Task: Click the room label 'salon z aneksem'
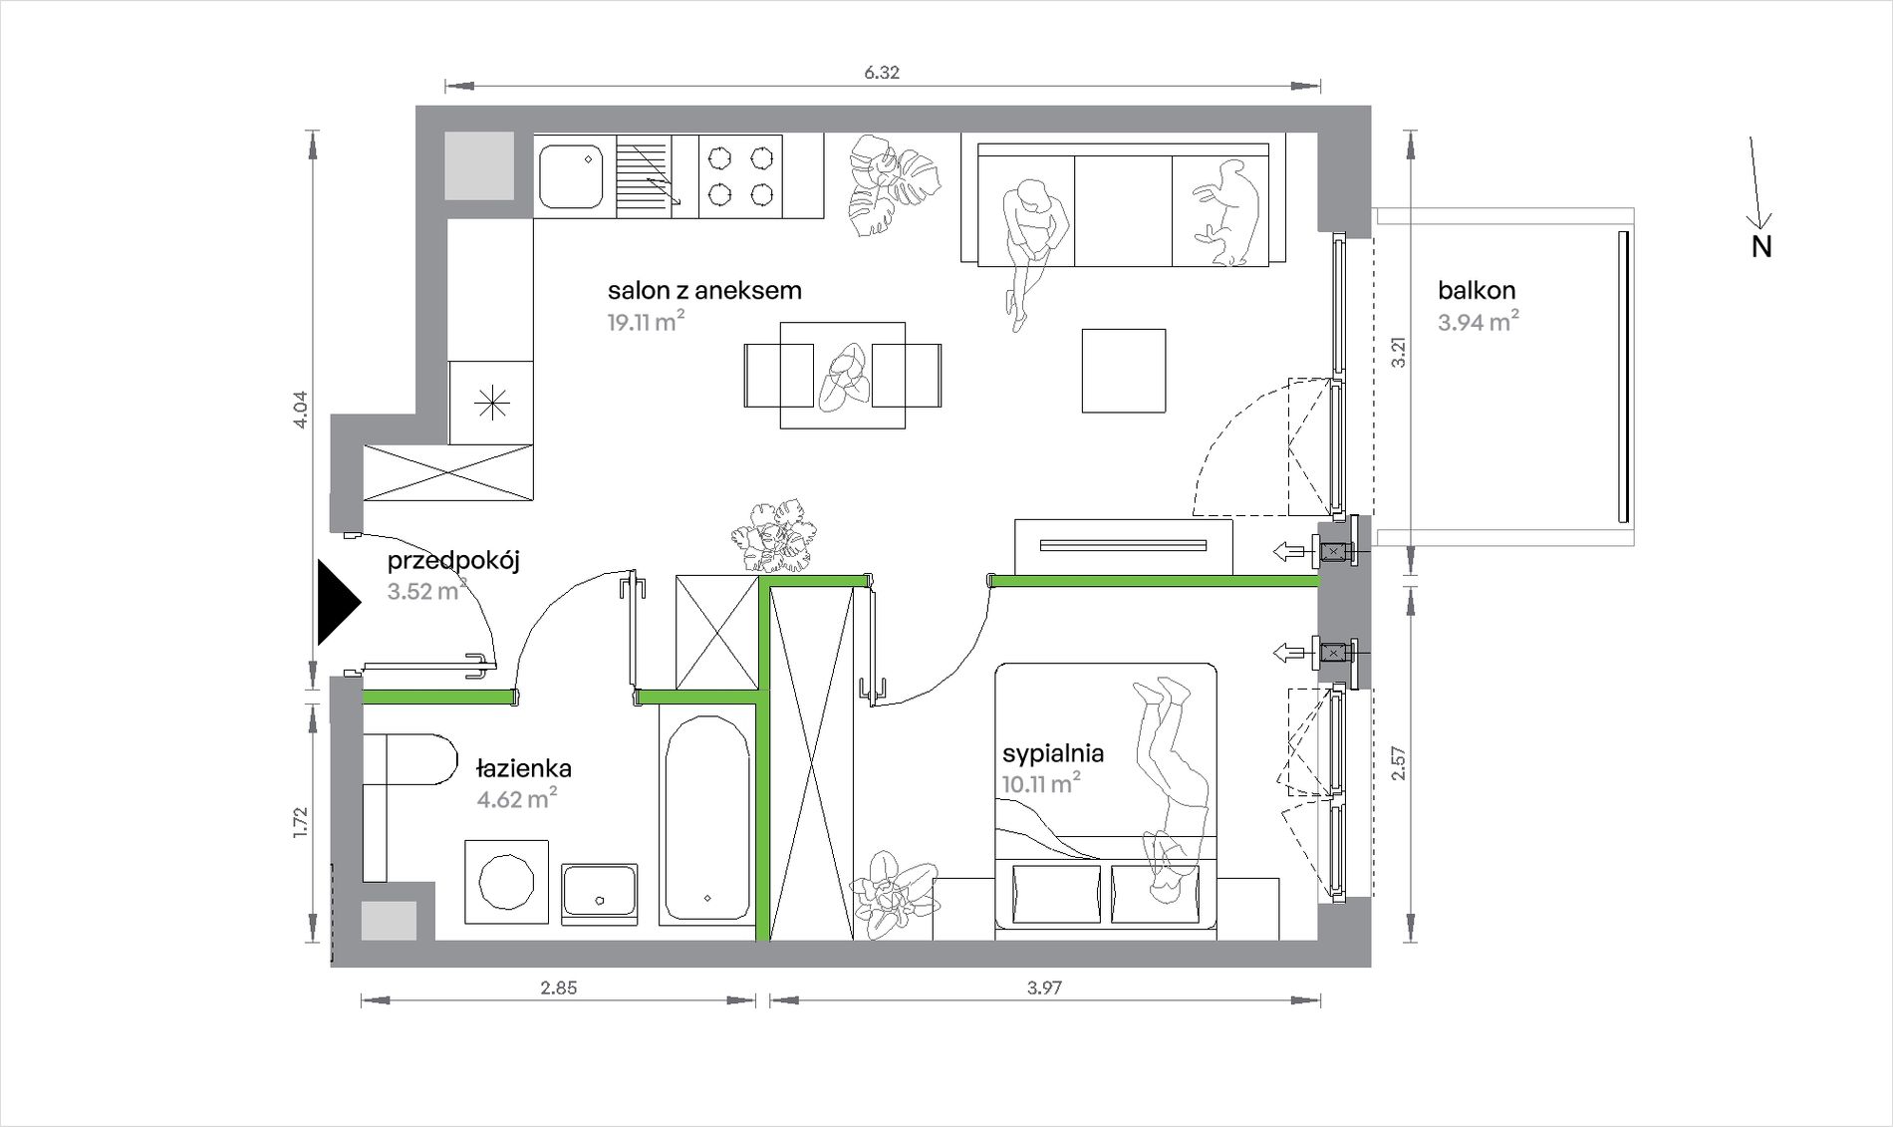(704, 291)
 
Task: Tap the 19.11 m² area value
(646, 321)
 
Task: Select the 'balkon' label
(1477, 291)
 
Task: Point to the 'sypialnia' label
(1053, 753)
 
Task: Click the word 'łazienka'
(524, 768)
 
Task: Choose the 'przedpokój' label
(453, 561)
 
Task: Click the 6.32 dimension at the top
(882, 73)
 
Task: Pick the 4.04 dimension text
(301, 410)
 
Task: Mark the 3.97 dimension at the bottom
(1045, 988)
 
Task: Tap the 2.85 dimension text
(558, 988)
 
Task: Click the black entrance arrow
(337, 603)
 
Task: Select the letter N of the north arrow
(1761, 247)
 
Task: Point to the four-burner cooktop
(740, 176)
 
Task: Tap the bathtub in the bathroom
(706, 818)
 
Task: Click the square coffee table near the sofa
(1124, 371)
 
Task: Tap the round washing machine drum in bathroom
(507, 882)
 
